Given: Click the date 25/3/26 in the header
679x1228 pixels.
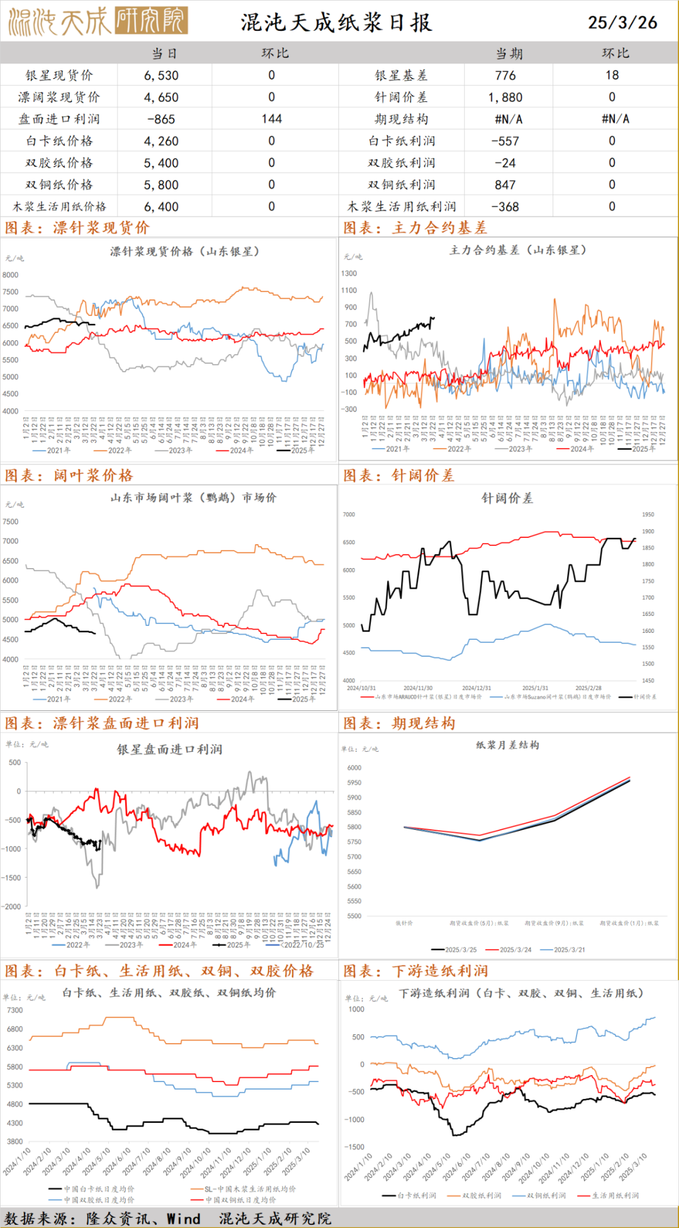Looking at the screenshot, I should point(622,23).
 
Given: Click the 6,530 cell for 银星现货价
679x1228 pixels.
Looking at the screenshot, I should point(162,75).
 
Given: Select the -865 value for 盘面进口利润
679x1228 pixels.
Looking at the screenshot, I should point(162,119).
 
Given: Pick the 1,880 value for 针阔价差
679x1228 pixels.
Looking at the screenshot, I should point(505,98).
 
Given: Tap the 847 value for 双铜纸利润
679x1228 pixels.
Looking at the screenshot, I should point(505,185).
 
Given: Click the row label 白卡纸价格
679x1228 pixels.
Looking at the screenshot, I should point(59,141).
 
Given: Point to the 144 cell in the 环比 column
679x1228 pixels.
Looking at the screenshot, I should point(272,119).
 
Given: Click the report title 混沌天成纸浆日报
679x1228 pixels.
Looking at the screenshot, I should point(336,23).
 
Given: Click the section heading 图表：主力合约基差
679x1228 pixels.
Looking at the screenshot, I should point(415,228).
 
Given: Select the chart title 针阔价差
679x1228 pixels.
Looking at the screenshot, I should point(507,498).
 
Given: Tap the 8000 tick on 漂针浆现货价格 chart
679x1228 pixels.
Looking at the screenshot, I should point(11,275).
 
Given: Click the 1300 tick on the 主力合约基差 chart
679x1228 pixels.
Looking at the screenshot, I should point(349,274).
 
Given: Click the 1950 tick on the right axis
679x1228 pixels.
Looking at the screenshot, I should point(648,515).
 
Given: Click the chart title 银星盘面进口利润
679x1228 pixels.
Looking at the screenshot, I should point(170,749).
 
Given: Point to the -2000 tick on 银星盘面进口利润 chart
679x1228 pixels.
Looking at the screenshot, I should point(11,907).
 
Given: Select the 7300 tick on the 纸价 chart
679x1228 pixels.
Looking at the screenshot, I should point(14,1010).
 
